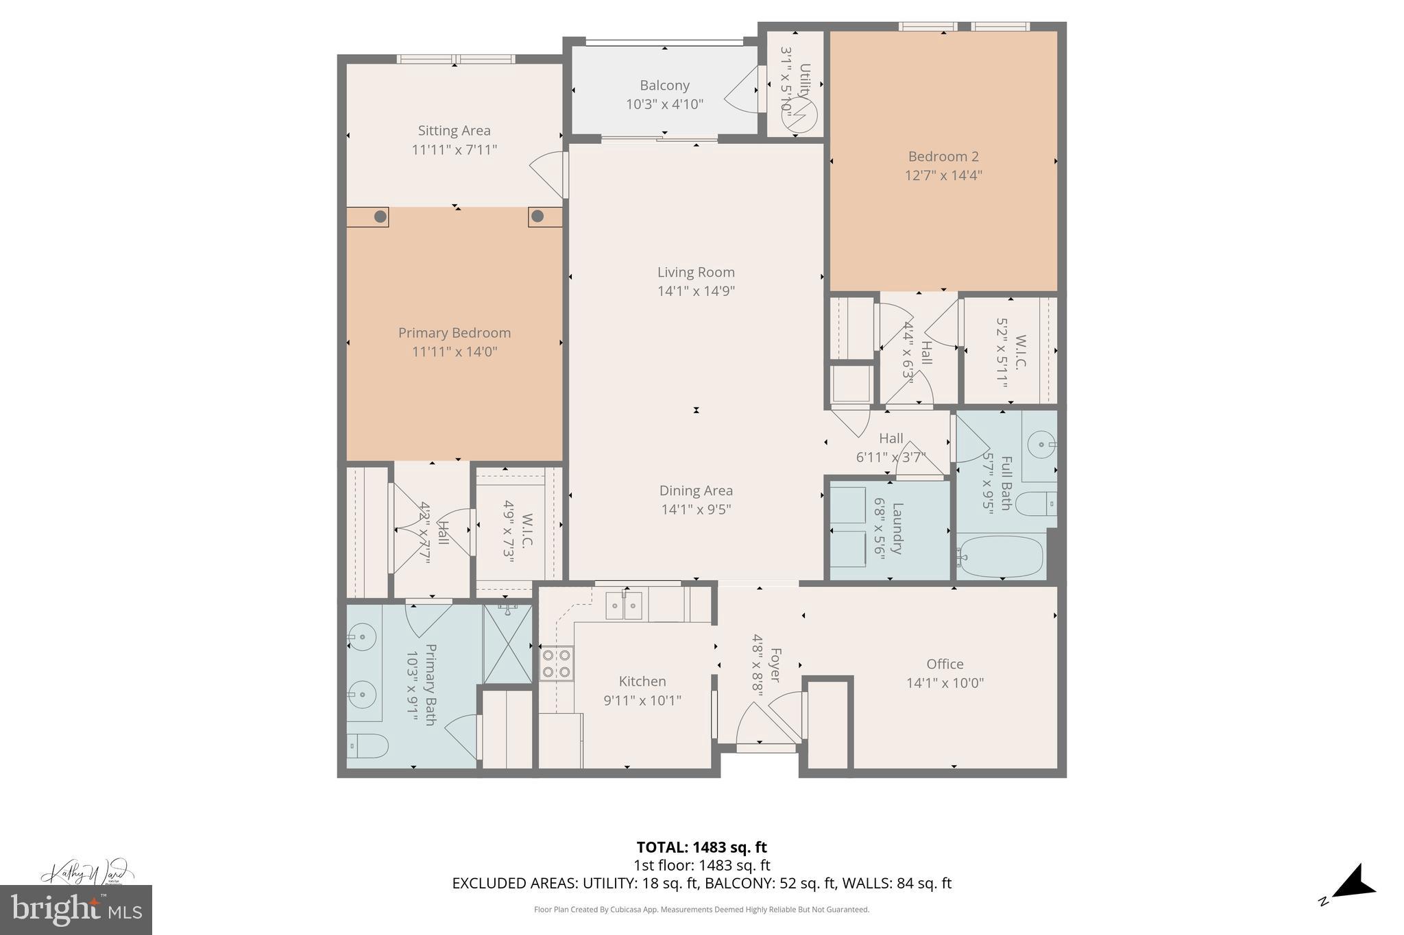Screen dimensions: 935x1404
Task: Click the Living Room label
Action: (696, 273)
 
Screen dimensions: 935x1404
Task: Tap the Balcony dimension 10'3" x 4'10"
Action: (664, 104)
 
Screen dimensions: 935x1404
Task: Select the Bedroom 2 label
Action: (943, 156)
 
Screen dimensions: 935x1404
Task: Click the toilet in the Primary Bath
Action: (367, 745)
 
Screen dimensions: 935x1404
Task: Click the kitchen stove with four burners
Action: (557, 663)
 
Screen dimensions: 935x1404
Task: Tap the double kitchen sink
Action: (624, 606)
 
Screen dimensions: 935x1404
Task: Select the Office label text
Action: (945, 664)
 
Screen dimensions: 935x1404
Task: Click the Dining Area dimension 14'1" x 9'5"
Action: (696, 510)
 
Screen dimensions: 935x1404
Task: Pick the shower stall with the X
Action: (508, 643)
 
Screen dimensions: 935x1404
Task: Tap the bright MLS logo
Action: (76, 910)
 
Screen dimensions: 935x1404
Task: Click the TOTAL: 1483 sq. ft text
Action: (701, 847)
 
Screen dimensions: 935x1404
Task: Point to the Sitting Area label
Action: (454, 130)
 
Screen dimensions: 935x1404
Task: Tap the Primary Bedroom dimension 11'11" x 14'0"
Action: (454, 352)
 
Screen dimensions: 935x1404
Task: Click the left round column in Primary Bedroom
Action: (380, 217)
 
